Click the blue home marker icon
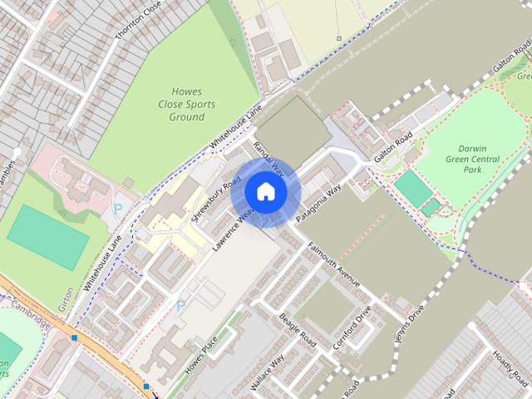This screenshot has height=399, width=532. coord(265,192)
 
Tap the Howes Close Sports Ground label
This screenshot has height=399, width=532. coord(187,105)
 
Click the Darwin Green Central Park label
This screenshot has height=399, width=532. coord(472,159)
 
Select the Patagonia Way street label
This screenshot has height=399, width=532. coord(318,203)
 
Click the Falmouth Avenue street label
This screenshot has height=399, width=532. coord(334,265)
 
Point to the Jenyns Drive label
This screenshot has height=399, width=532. coord(410,320)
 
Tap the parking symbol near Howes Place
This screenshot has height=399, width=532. coord(181,306)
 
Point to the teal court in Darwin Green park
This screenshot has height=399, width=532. coord(412,188)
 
